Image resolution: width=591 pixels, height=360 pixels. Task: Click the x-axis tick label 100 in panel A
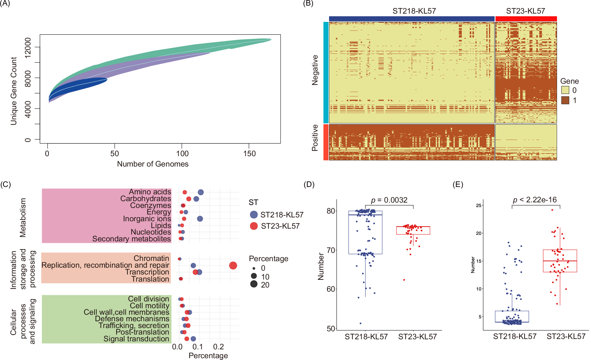[182, 154]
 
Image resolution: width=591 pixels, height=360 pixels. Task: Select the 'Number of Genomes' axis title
[153, 164]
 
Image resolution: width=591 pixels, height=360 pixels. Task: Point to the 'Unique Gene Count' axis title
[14, 91]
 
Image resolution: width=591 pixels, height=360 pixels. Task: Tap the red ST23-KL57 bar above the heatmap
[526, 19]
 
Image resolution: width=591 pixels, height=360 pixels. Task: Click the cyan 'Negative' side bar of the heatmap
[326, 72]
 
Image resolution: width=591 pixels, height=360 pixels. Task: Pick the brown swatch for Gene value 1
[565, 100]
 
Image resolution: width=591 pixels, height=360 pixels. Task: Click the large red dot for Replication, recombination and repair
[233, 266]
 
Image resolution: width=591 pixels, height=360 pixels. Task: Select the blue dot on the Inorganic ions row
[200, 219]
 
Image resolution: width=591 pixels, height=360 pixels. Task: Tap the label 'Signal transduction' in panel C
[136, 339]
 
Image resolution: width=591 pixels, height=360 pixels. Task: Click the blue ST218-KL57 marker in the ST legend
[254, 215]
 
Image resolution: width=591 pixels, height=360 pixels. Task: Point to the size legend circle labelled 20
[254, 284]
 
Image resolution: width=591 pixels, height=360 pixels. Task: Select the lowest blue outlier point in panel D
[360, 323]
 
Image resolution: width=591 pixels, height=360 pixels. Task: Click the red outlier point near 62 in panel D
[404, 280]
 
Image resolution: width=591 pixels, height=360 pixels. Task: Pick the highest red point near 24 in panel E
[552, 210]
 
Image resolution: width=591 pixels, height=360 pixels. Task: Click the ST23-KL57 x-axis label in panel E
[566, 337]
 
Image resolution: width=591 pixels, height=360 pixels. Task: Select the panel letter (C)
[6, 185]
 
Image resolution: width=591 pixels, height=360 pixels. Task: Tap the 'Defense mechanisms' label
[132, 319]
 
